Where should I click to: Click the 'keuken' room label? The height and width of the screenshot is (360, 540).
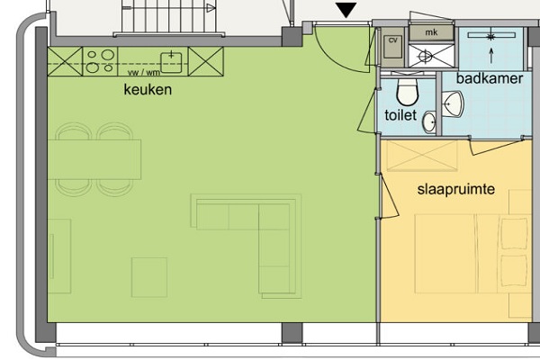pyautogui.click(x=148, y=90)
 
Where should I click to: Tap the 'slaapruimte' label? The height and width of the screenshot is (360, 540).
pyautogui.click(x=456, y=190)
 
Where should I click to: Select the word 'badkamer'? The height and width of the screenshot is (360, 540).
pyautogui.click(x=490, y=78)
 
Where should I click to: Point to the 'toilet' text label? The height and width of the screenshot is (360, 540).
pyautogui.click(x=400, y=115)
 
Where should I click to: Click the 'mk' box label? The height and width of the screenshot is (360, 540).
pyautogui.click(x=431, y=32)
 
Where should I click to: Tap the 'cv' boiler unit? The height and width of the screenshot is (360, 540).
pyautogui.click(x=393, y=47)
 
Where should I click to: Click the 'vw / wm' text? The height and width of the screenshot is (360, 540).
pyautogui.click(x=144, y=73)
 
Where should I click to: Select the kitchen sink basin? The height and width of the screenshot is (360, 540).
pyautogui.click(x=171, y=62)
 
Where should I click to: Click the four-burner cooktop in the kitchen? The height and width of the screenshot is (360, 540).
pyautogui.click(x=100, y=61)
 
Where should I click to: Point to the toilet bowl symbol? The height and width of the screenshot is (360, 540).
pyautogui.click(x=407, y=91)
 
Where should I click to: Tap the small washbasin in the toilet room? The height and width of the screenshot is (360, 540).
pyautogui.click(x=429, y=122)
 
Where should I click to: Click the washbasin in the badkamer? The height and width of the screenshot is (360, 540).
pyautogui.click(x=453, y=103)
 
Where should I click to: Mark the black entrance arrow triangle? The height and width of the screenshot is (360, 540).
pyautogui.click(x=346, y=10)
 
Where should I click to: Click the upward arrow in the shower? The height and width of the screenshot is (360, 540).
pyautogui.click(x=491, y=56)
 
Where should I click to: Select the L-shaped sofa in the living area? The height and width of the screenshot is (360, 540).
pyautogui.click(x=246, y=246)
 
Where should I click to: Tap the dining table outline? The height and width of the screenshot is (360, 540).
pyautogui.click(x=94, y=159)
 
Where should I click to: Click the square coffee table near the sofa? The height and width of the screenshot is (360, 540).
pyautogui.click(x=149, y=277)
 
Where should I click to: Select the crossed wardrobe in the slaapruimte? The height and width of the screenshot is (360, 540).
pyautogui.click(x=422, y=156)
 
